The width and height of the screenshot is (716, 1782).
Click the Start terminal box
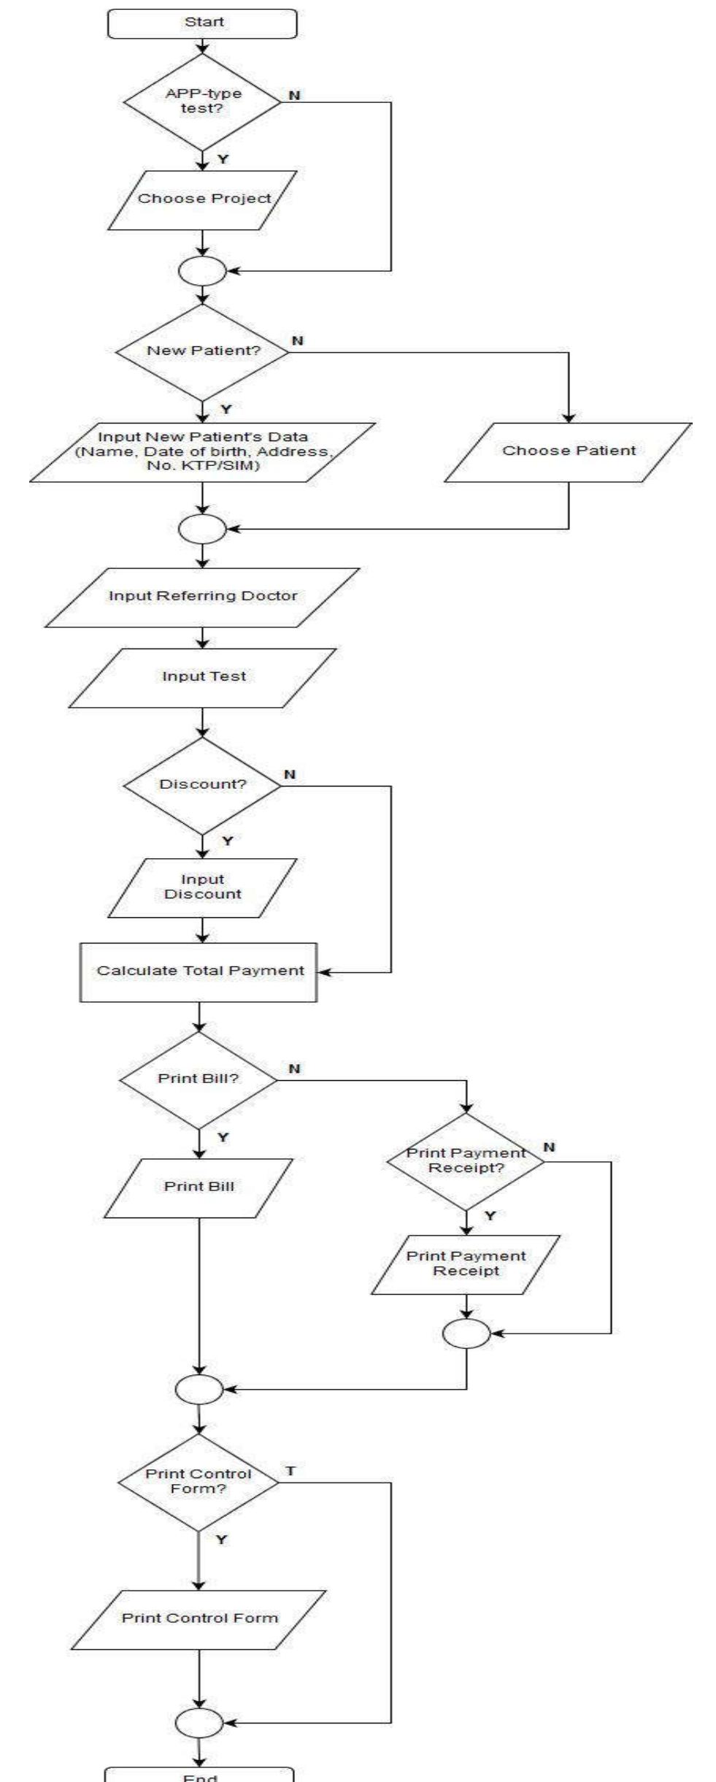[203, 23]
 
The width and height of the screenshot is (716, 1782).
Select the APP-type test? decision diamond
[202, 102]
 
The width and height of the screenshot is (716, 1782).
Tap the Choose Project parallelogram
[204, 199]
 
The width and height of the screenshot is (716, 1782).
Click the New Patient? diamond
[203, 351]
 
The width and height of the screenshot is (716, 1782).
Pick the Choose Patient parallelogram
[569, 451]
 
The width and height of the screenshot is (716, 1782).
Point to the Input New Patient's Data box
[203, 451]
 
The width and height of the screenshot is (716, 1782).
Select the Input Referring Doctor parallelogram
[203, 597]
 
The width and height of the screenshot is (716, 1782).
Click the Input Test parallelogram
[204, 677]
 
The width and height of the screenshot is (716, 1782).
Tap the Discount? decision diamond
[203, 785]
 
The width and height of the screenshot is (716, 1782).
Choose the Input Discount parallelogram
[203, 887]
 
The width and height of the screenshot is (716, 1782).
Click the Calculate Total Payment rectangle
[199, 971]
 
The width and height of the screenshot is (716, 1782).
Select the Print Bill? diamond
[199, 1079]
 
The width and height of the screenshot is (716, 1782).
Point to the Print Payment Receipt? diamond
[466, 1160]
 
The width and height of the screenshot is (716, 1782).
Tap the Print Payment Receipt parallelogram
[466, 1263]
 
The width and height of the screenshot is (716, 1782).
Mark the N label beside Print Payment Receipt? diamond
[549, 1147]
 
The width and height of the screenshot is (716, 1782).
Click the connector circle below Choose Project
[203, 272]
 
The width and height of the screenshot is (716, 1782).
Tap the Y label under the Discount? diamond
[227, 841]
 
